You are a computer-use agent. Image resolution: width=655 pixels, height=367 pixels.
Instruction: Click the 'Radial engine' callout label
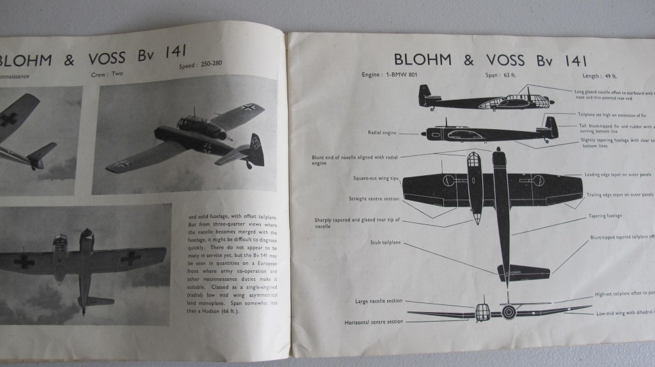383,133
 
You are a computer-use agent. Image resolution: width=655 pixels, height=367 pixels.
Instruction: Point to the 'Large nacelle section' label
379,301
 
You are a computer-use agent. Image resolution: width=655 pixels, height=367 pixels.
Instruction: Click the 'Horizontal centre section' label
374,321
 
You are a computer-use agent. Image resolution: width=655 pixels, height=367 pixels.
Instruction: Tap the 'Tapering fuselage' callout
605,216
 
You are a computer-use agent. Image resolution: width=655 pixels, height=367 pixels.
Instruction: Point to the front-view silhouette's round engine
509,311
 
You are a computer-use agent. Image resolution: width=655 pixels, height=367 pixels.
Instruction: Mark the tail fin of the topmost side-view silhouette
424,95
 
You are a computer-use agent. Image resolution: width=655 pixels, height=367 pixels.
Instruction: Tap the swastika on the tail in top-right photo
255,143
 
